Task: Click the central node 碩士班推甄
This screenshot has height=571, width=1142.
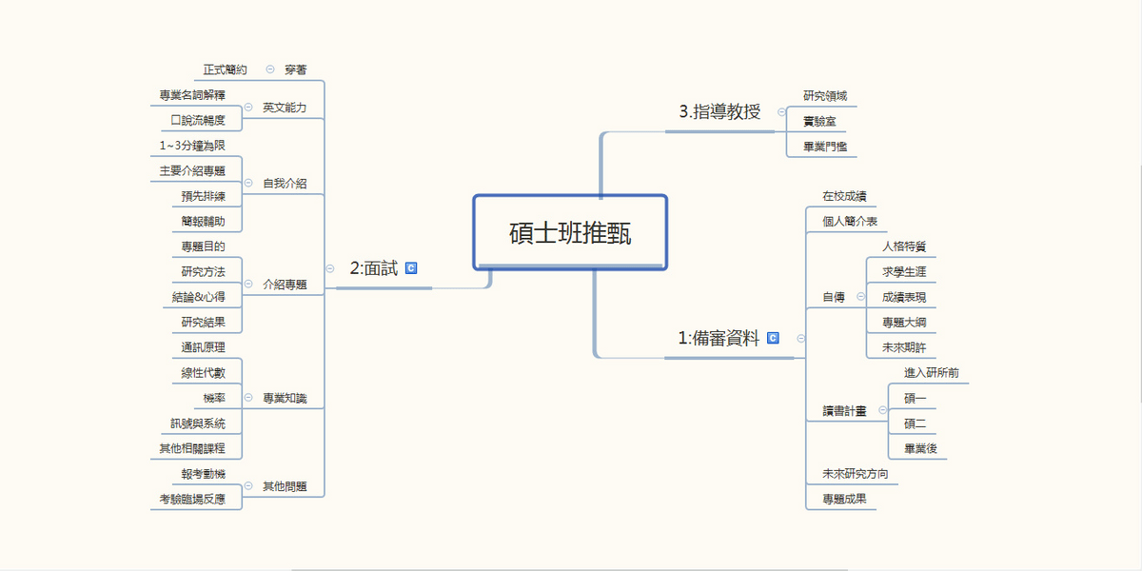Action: (570, 232)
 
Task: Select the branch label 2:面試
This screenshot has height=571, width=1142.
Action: (374, 268)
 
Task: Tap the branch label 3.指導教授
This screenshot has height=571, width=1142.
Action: (719, 111)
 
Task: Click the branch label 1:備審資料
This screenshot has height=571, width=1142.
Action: (719, 338)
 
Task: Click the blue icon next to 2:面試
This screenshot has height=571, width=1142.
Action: (411, 268)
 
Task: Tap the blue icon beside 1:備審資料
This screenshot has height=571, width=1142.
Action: (773, 338)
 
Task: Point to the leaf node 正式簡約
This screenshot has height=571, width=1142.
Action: (225, 69)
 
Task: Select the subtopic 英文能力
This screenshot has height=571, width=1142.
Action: (285, 108)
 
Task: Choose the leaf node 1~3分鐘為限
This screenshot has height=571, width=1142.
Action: (192, 146)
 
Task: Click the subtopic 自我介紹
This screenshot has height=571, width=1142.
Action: (285, 183)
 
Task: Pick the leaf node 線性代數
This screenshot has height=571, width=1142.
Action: (203, 373)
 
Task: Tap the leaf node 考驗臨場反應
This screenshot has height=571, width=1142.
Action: (192, 499)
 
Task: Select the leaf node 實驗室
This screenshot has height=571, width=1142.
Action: (819, 122)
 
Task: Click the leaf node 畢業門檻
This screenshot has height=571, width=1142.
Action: (825, 147)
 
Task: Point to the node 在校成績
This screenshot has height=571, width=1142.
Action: (844, 196)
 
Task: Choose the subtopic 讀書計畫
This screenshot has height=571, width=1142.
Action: (844, 411)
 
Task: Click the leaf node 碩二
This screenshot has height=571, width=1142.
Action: (916, 423)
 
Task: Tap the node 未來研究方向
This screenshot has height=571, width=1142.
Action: (855, 474)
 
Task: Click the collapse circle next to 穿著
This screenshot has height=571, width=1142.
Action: (270, 69)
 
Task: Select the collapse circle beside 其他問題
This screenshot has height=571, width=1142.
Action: (248, 486)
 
